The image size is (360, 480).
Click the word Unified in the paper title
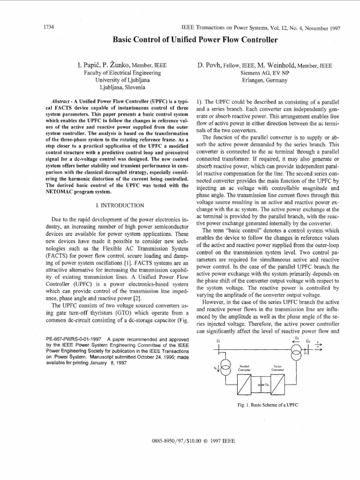tap(172, 40)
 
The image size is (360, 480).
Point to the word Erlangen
tap(254, 80)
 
